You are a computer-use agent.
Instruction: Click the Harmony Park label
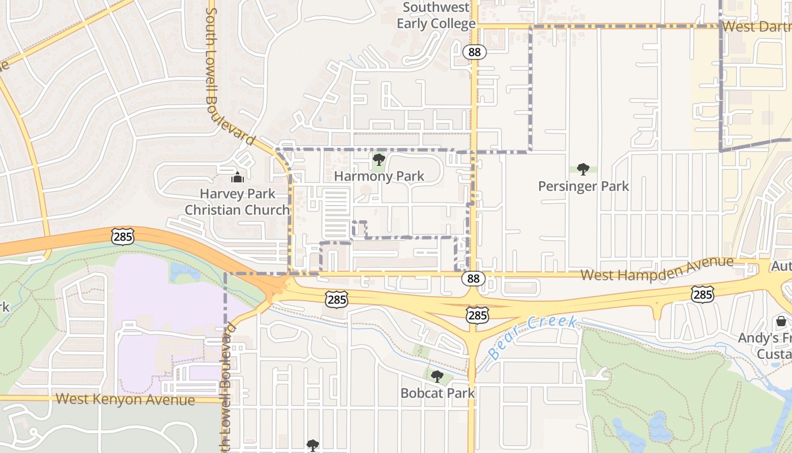379,176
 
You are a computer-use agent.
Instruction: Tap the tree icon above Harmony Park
379,160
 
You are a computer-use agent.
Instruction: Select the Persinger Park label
583,186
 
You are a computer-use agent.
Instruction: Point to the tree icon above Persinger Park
583,169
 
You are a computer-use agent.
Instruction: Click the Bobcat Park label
437,392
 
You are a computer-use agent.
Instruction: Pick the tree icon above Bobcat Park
437,376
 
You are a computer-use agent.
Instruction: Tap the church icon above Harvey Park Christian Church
238,177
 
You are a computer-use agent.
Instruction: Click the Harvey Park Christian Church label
238,202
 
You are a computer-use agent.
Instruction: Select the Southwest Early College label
436,15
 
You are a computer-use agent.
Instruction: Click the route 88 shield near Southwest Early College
475,52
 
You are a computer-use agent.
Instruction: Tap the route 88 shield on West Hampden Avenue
474,278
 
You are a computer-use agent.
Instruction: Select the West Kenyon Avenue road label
126,399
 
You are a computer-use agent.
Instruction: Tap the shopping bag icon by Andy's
781,322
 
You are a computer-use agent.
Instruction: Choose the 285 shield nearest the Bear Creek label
477,315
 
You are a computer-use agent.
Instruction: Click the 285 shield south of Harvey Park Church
123,236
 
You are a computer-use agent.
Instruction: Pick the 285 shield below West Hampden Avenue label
702,294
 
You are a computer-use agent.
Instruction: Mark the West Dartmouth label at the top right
756,27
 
